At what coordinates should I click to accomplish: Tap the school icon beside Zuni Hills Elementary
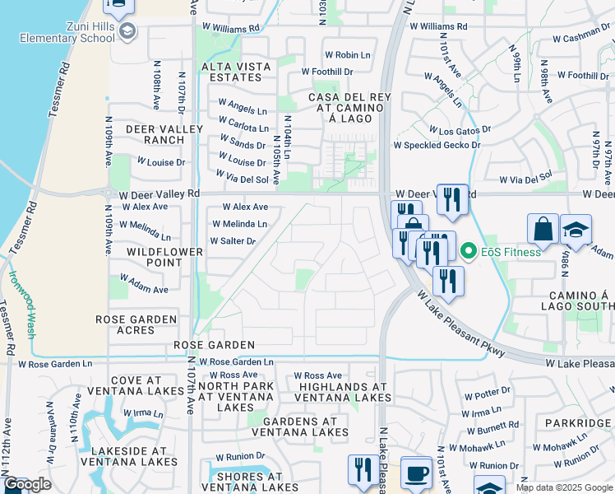click(127, 32)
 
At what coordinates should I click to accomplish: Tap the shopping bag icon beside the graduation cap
click(544, 230)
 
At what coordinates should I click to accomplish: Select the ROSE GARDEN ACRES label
click(136, 324)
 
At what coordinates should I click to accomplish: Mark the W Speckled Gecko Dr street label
click(437, 145)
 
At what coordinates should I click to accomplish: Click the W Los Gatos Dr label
click(460, 130)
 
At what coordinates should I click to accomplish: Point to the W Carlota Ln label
click(243, 128)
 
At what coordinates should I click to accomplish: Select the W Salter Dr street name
click(233, 241)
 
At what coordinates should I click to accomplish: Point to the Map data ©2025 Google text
click(564, 487)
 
